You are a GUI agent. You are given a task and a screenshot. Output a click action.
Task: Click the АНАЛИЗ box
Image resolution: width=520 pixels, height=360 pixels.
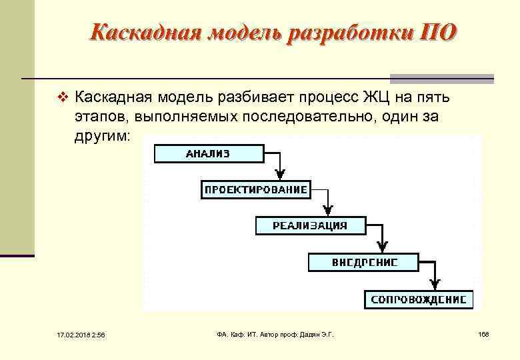(209, 153)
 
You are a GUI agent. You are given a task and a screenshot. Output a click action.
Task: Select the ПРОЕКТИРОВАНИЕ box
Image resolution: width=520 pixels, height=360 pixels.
(255, 190)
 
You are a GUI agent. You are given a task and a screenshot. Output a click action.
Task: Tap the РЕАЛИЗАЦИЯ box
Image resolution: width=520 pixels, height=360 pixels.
(310, 225)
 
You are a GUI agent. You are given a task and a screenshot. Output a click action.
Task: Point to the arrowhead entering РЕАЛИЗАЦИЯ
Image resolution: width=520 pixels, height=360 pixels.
(328, 211)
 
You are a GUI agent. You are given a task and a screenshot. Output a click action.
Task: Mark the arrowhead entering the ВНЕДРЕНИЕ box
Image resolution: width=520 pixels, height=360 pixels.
(381, 247)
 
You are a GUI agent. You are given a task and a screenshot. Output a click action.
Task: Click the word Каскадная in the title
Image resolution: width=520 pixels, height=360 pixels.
(141, 32)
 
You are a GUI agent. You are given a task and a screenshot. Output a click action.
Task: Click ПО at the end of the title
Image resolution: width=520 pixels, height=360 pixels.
(438, 32)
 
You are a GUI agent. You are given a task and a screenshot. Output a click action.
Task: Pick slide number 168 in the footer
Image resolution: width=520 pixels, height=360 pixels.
(483, 333)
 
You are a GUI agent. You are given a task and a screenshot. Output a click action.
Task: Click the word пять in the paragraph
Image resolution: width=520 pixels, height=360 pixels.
(433, 99)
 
